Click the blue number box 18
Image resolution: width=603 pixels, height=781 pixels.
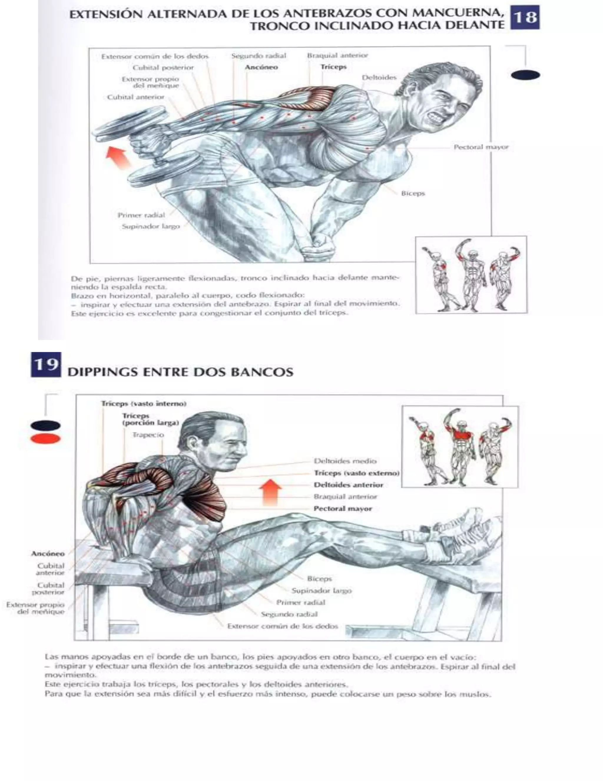525,17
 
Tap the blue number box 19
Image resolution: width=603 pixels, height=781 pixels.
46,364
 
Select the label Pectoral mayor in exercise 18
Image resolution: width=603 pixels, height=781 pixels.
481,147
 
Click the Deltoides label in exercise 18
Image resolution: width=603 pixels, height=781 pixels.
379,78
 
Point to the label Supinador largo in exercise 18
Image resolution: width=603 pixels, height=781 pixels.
151,226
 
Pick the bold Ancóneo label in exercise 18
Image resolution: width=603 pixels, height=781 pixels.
261,67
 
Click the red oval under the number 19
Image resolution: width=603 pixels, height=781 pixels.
45,439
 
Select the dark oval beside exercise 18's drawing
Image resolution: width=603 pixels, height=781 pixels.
526,75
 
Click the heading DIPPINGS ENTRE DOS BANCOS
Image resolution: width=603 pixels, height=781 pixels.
180,372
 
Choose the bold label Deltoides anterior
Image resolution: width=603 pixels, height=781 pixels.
348,485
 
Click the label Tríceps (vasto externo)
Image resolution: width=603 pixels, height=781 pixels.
357,473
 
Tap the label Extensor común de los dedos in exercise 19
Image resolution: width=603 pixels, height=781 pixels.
283,626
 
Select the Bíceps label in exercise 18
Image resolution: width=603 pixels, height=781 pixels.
413,193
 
